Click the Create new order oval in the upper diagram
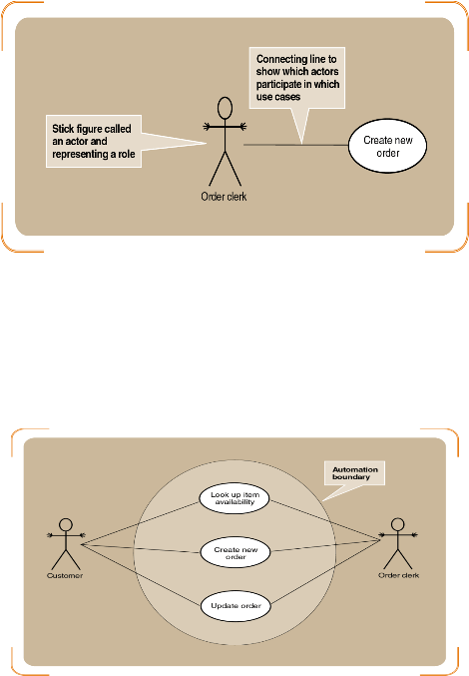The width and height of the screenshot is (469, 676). pyautogui.click(x=387, y=146)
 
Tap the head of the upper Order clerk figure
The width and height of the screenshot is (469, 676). pyautogui.click(x=225, y=108)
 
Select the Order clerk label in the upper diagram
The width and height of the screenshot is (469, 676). pyautogui.click(x=224, y=197)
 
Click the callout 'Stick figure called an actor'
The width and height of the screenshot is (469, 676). pyautogui.click(x=94, y=141)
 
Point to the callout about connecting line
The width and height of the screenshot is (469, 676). pyautogui.click(x=297, y=78)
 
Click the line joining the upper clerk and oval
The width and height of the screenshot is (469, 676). pyautogui.click(x=296, y=145)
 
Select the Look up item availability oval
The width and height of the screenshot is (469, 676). pyautogui.click(x=234, y=498)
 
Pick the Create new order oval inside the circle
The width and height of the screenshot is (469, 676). pyautogui.click(x=235, y=553)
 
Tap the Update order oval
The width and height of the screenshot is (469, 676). pyautogui.click(x=236, y=606)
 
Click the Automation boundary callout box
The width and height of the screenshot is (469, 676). pyautogui.click(x=354, y=473)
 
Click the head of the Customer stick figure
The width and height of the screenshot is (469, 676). pyautogui.click(x=66, y=524)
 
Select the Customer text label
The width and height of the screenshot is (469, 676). pyautogui.click(x=65, y=575)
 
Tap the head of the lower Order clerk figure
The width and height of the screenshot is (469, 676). pyautogui.click(x=397, y=524)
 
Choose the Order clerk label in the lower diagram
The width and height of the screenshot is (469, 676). pyautogui.click(x=398, y=575)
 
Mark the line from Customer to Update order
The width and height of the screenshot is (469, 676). pyautogui.click(x=141, y=575)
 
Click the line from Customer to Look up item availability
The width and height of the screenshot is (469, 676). pyautogui.click(x=140, y=523)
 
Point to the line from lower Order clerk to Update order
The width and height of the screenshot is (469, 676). pyautogui.click(x=326, y=572)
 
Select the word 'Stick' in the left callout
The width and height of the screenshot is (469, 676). pyautogui.click(x=63, y=129)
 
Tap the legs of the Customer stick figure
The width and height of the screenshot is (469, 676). pyautogui.click(x=66, y=560)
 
